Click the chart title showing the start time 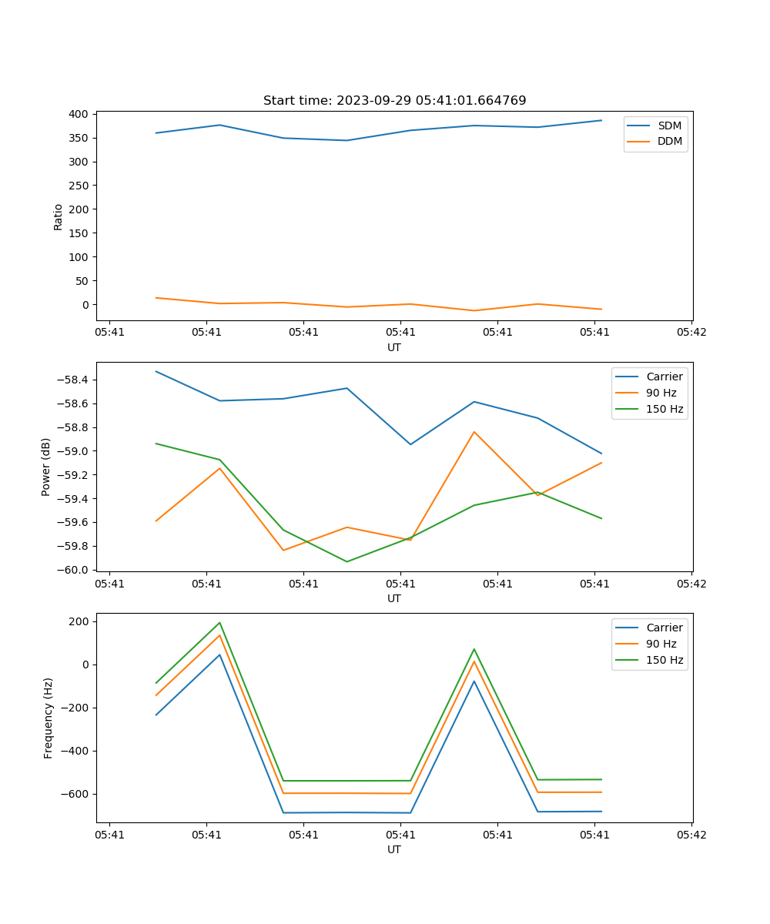tap(394, 101)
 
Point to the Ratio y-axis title tap(59, 216)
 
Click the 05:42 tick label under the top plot tap(691, 333)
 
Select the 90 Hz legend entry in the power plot tap(661, 393)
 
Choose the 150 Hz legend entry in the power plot tap(665, 409)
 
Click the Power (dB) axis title tap(46, 467)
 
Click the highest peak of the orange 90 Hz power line tap(474, 432)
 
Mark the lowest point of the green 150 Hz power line tap(346, 561)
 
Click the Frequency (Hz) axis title tap(48, 718)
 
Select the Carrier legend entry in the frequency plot tap(664, 628)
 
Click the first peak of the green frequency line tap(219, 623)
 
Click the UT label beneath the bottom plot tap(394, 849)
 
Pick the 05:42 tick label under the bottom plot tap(691, 835)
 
